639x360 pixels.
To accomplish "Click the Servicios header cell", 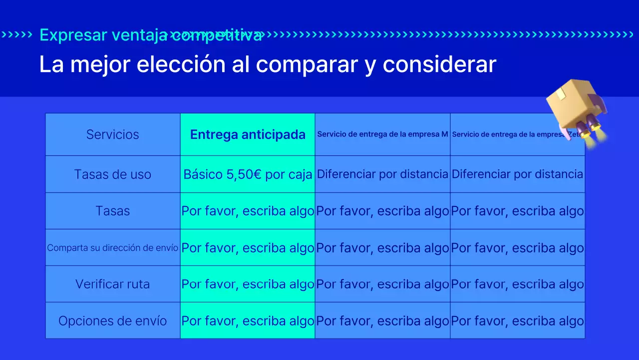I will [112, 134].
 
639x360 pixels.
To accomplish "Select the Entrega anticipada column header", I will [248, 134].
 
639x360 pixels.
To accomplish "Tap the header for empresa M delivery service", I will [382, 134].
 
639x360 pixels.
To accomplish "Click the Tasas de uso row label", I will [112, 174].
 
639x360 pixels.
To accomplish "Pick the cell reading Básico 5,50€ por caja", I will [248, 174].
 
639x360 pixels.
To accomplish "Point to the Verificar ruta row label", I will [112, 284].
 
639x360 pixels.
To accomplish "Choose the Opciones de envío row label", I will [112, 320].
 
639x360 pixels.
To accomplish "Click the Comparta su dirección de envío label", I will [112, 247].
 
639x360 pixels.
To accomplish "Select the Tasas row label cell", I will [112, 211].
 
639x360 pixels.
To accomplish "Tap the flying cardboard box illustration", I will [572, 102].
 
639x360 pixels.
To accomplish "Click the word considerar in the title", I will [439, 64].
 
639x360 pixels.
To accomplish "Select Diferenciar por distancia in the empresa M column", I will [382, 174].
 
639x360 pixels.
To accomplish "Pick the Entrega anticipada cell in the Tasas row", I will [248, 211].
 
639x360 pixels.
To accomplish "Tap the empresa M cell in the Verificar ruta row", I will [382, 284].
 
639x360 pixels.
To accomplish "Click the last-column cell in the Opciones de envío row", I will [517, 320].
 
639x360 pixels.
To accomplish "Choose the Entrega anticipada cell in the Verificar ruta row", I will [248, 284].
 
